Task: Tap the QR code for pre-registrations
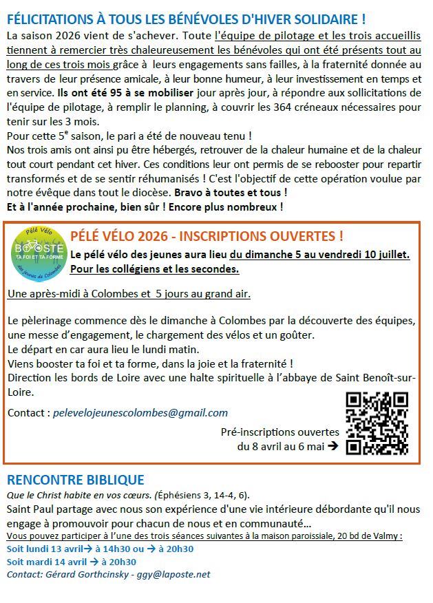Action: [377, 423]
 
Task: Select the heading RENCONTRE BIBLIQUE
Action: [75, 480]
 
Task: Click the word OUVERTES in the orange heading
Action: [304, 236]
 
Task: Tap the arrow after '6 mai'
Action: [332, 445]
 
